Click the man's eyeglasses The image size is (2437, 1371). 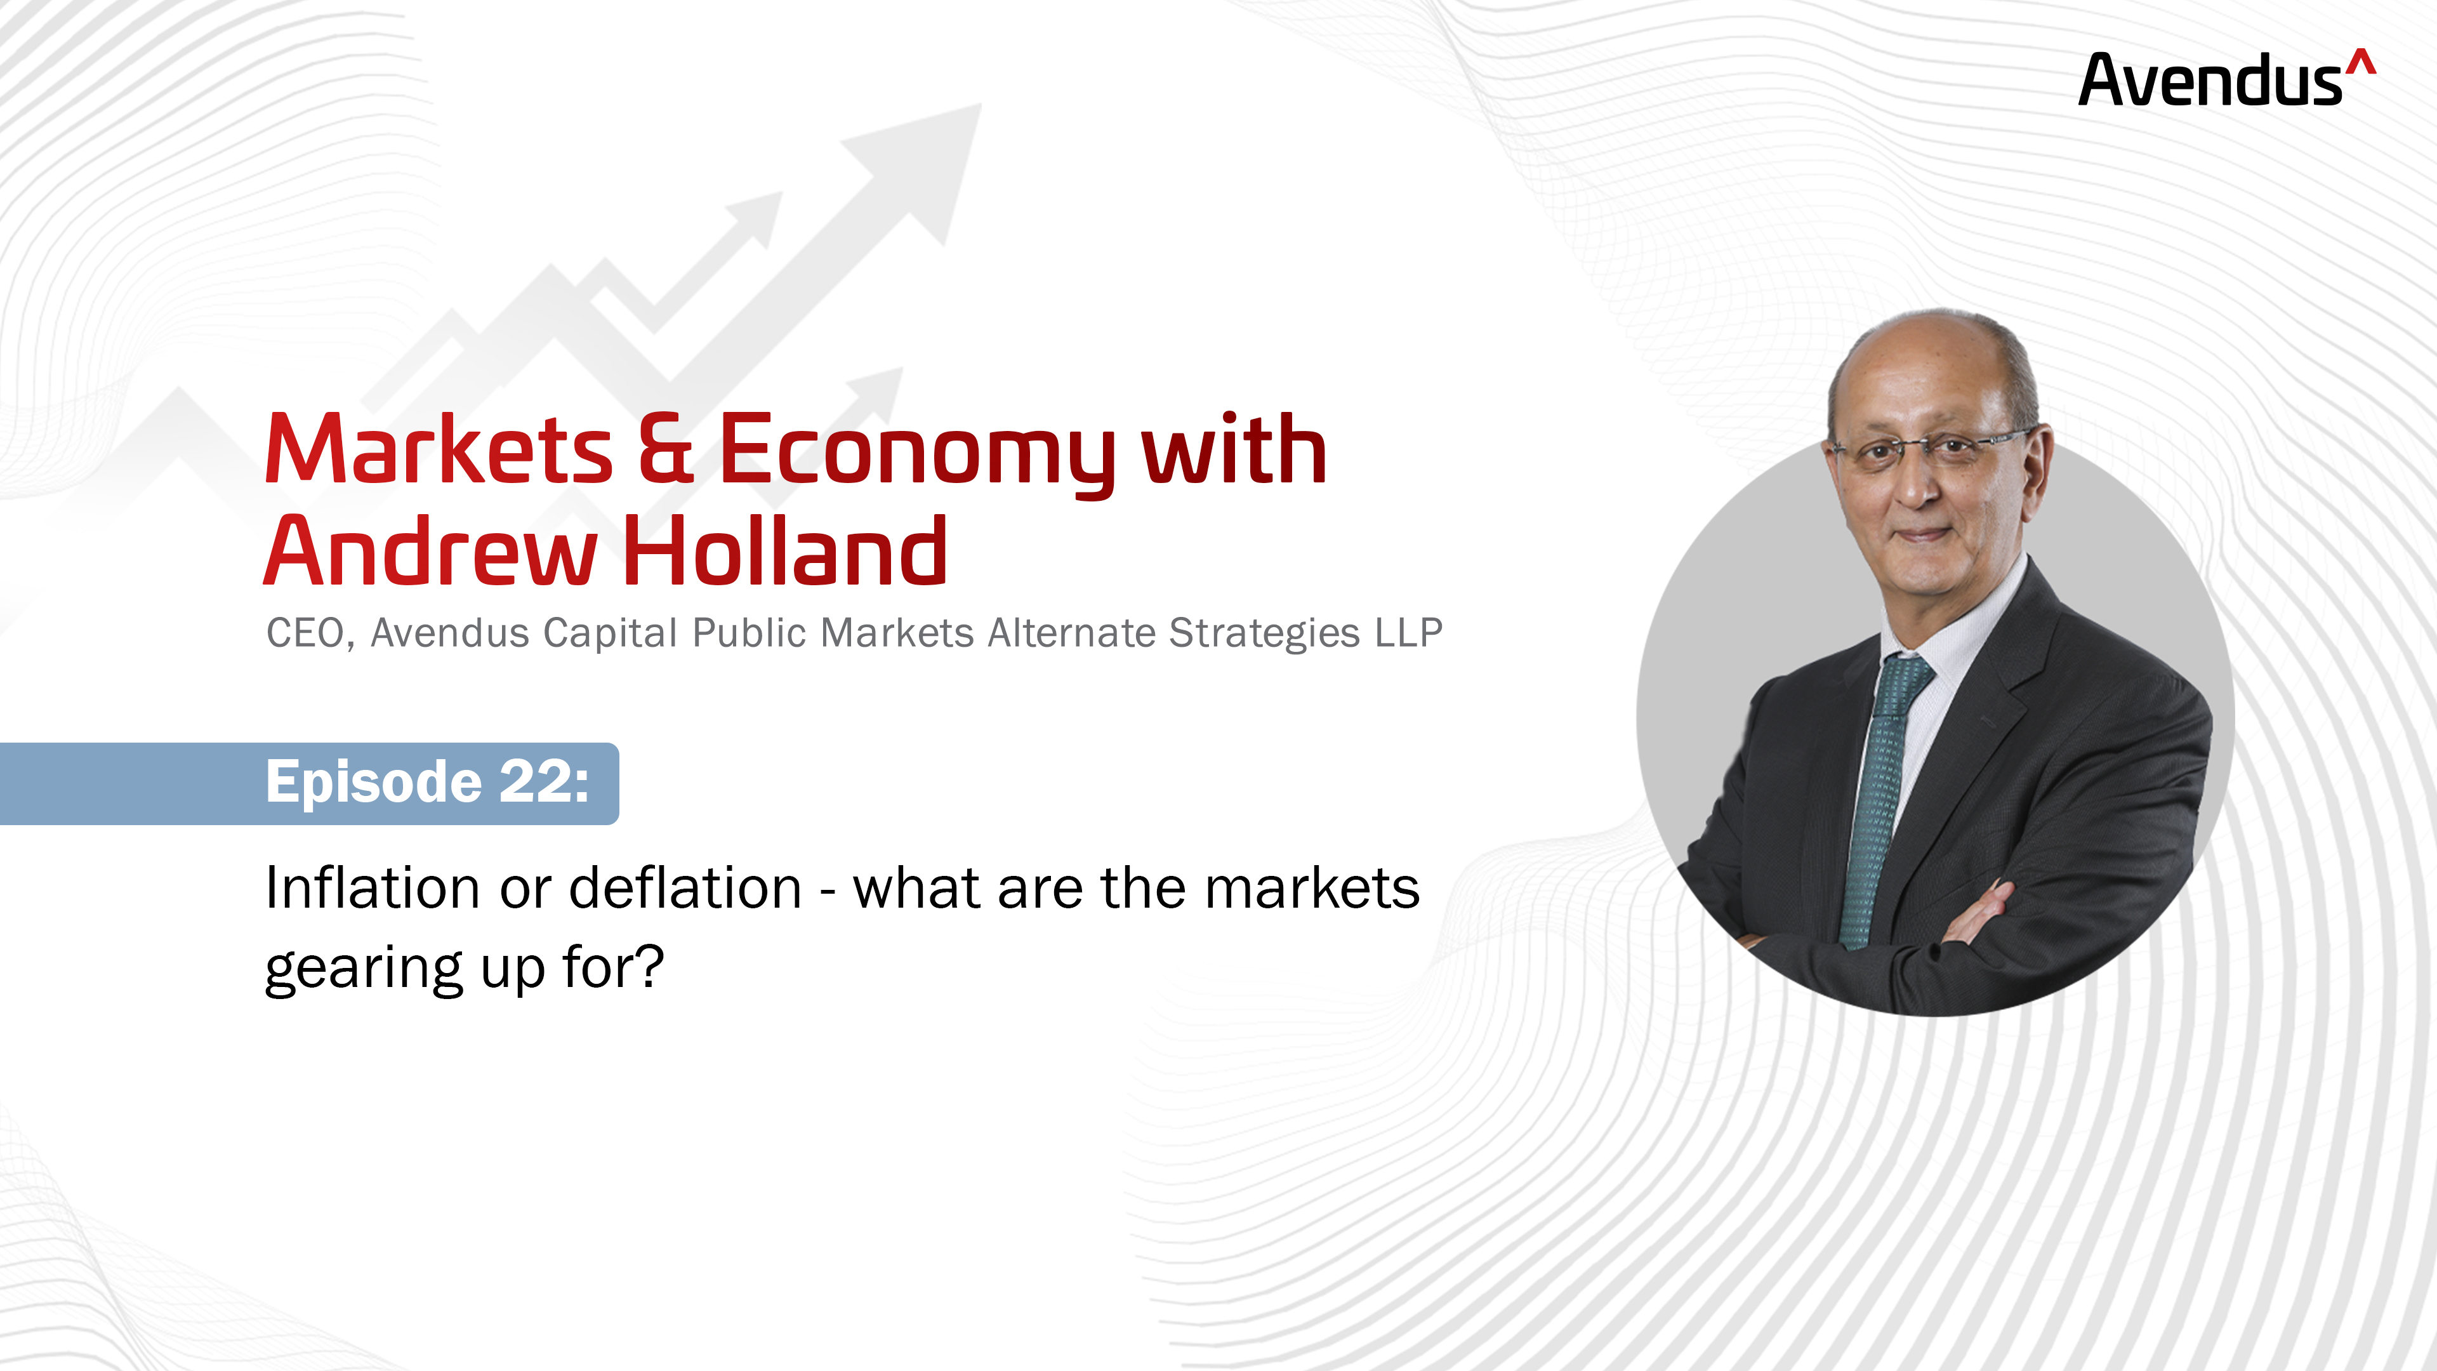click(x=1930, y=447)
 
